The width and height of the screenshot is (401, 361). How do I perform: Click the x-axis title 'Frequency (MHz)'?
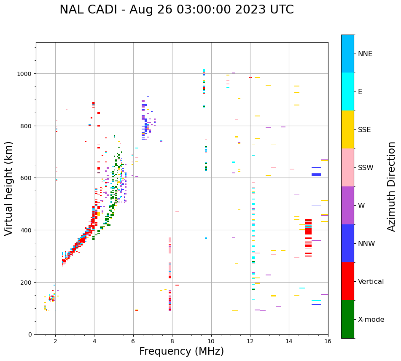(181, 351)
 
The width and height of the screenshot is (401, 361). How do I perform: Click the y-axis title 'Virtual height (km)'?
(9, 188)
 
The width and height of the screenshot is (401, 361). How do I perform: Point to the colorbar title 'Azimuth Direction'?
(392, 186)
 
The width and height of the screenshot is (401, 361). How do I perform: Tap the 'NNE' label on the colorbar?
(365, 54)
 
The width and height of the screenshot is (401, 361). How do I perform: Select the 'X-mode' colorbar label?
(371, 319)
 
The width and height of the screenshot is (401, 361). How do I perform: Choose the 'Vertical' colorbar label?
(371, 281)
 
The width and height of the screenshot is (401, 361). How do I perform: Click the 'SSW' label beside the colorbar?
(366, 167)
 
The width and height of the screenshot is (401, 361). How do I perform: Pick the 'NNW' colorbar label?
(366, 243)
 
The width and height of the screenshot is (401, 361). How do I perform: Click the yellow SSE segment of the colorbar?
(347, 129)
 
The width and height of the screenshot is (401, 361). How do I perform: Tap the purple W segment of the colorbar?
(347, 205)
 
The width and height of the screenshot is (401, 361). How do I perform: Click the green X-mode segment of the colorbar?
(347, 319)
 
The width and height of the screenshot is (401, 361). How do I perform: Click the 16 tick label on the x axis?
(328, 342)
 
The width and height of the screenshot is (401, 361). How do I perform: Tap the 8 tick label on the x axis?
(172, 342)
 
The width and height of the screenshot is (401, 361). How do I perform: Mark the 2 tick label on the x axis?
(55, 342)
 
